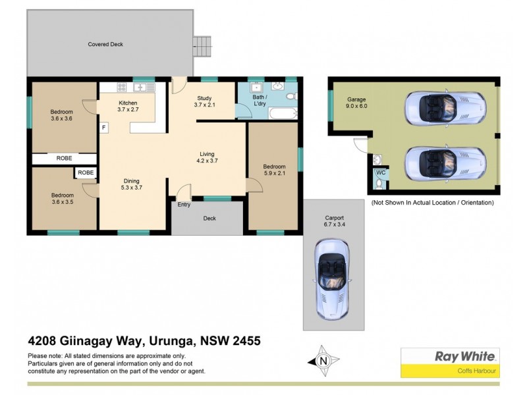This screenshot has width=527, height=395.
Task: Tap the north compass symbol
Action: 323,360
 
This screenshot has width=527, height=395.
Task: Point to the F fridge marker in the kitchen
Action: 104,126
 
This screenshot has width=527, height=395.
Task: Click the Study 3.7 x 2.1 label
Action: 205,101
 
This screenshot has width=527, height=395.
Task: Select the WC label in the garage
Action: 380,172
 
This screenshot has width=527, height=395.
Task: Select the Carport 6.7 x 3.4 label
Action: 335,221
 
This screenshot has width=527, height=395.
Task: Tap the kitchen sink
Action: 140,87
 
